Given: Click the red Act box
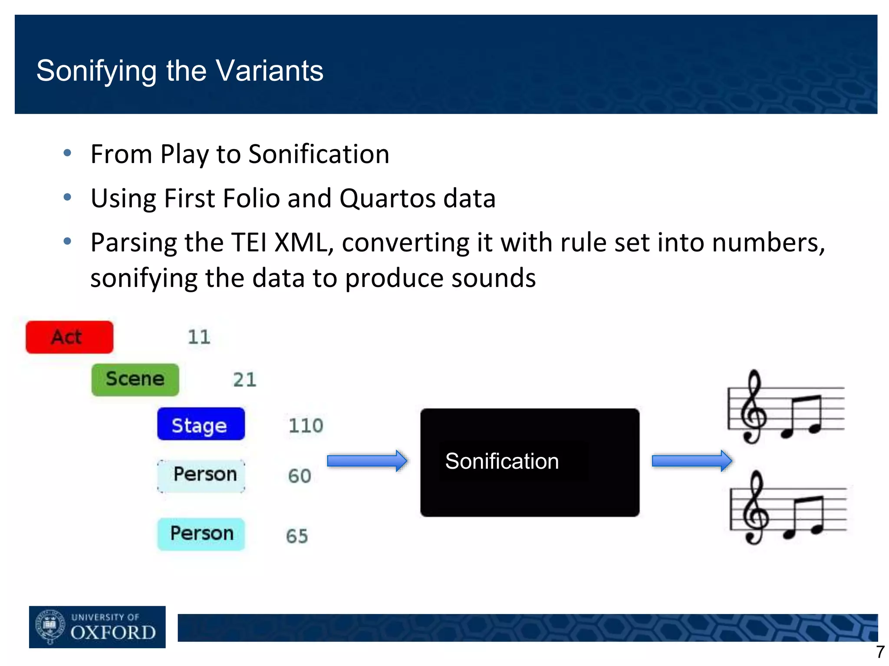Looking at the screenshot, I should [69, 337].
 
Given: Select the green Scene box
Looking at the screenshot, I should [135, 380].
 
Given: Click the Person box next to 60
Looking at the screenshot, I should [201, 475].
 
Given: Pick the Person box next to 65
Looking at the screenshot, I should [201, 534].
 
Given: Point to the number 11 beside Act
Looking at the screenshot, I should [199, 337].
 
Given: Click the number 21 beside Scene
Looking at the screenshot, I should [244, 380].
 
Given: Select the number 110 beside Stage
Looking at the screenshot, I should [306, 425].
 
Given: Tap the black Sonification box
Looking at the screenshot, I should [530, 462].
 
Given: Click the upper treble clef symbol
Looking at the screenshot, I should [754, 408].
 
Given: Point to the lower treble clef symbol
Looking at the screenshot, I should [756, 508].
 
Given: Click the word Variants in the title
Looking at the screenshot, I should [270, 71].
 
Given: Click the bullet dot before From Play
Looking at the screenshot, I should [67, 153].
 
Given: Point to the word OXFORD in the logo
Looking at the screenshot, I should [113, 633].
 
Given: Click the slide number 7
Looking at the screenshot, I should [880, 652].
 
